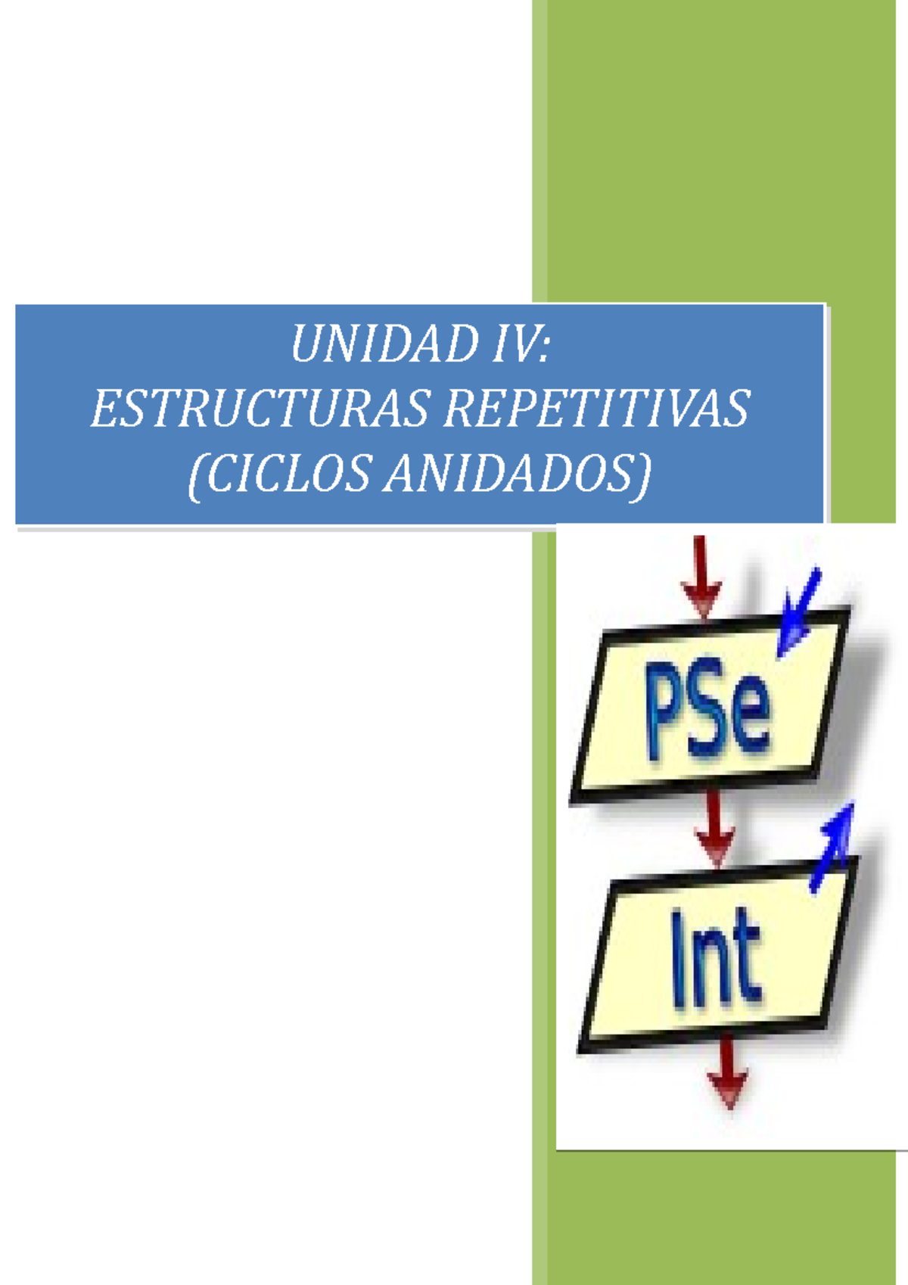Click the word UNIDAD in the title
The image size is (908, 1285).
(x=381, y=344)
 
